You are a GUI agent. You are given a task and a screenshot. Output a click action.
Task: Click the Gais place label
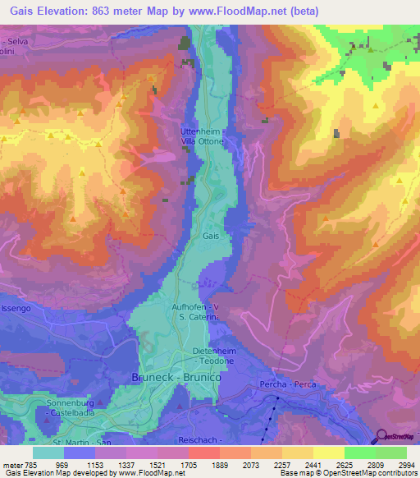click(x=211, y=236)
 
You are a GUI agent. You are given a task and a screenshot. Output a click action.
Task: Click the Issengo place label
click(x=15, y=308)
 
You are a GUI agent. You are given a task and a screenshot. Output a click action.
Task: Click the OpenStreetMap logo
click(x=395, y=436)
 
